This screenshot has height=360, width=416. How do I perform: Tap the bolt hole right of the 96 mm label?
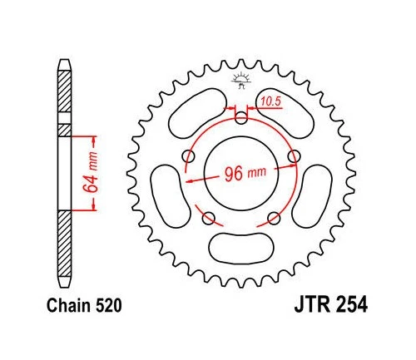[x=293, y=155]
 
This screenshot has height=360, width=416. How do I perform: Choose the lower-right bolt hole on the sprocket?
[x=273, y=218]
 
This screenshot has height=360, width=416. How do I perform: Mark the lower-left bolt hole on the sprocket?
[x=209, y=218]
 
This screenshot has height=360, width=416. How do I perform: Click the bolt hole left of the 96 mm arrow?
[x=189, y=156]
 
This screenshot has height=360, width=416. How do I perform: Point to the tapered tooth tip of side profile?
[x=64, y=66]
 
